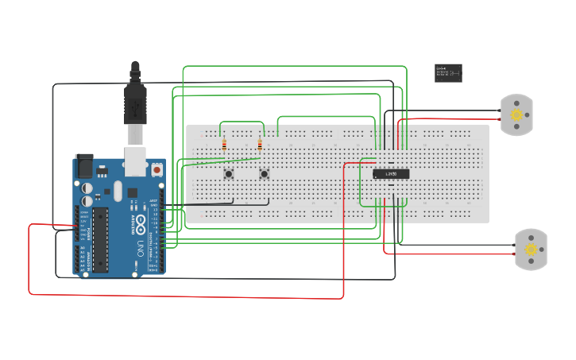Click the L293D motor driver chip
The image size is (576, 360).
click(391, 174)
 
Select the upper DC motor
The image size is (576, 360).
click(516, 114)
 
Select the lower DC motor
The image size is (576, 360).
click(531, 250)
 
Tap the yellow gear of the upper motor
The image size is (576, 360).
click(517, 115)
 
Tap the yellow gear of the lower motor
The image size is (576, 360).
click(532, 250)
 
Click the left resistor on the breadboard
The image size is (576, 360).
click(224, 145)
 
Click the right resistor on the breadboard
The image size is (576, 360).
click(260, 145)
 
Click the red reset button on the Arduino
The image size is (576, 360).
click(157, 169)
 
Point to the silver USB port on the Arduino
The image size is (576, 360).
click(137, 160)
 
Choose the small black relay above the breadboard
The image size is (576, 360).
click(448, 73)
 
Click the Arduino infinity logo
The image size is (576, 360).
click(141, 220)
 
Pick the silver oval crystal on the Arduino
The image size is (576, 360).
click(118, 191)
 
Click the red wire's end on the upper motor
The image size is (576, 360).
click(500, 120)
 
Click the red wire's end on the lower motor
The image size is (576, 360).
click(514, 254)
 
